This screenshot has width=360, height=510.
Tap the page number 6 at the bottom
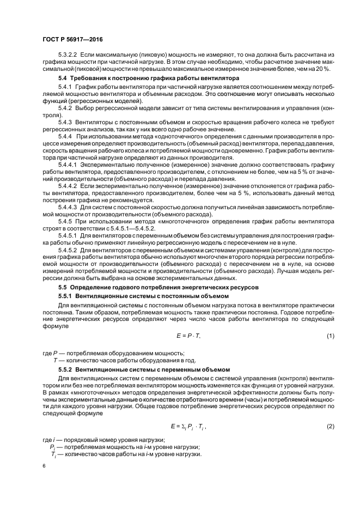(44, 466)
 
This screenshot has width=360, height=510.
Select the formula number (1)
(330, 336)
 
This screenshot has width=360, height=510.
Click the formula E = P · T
(188, 336)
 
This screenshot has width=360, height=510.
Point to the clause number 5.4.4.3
(69, 208)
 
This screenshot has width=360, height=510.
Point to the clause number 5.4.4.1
(69, 163)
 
